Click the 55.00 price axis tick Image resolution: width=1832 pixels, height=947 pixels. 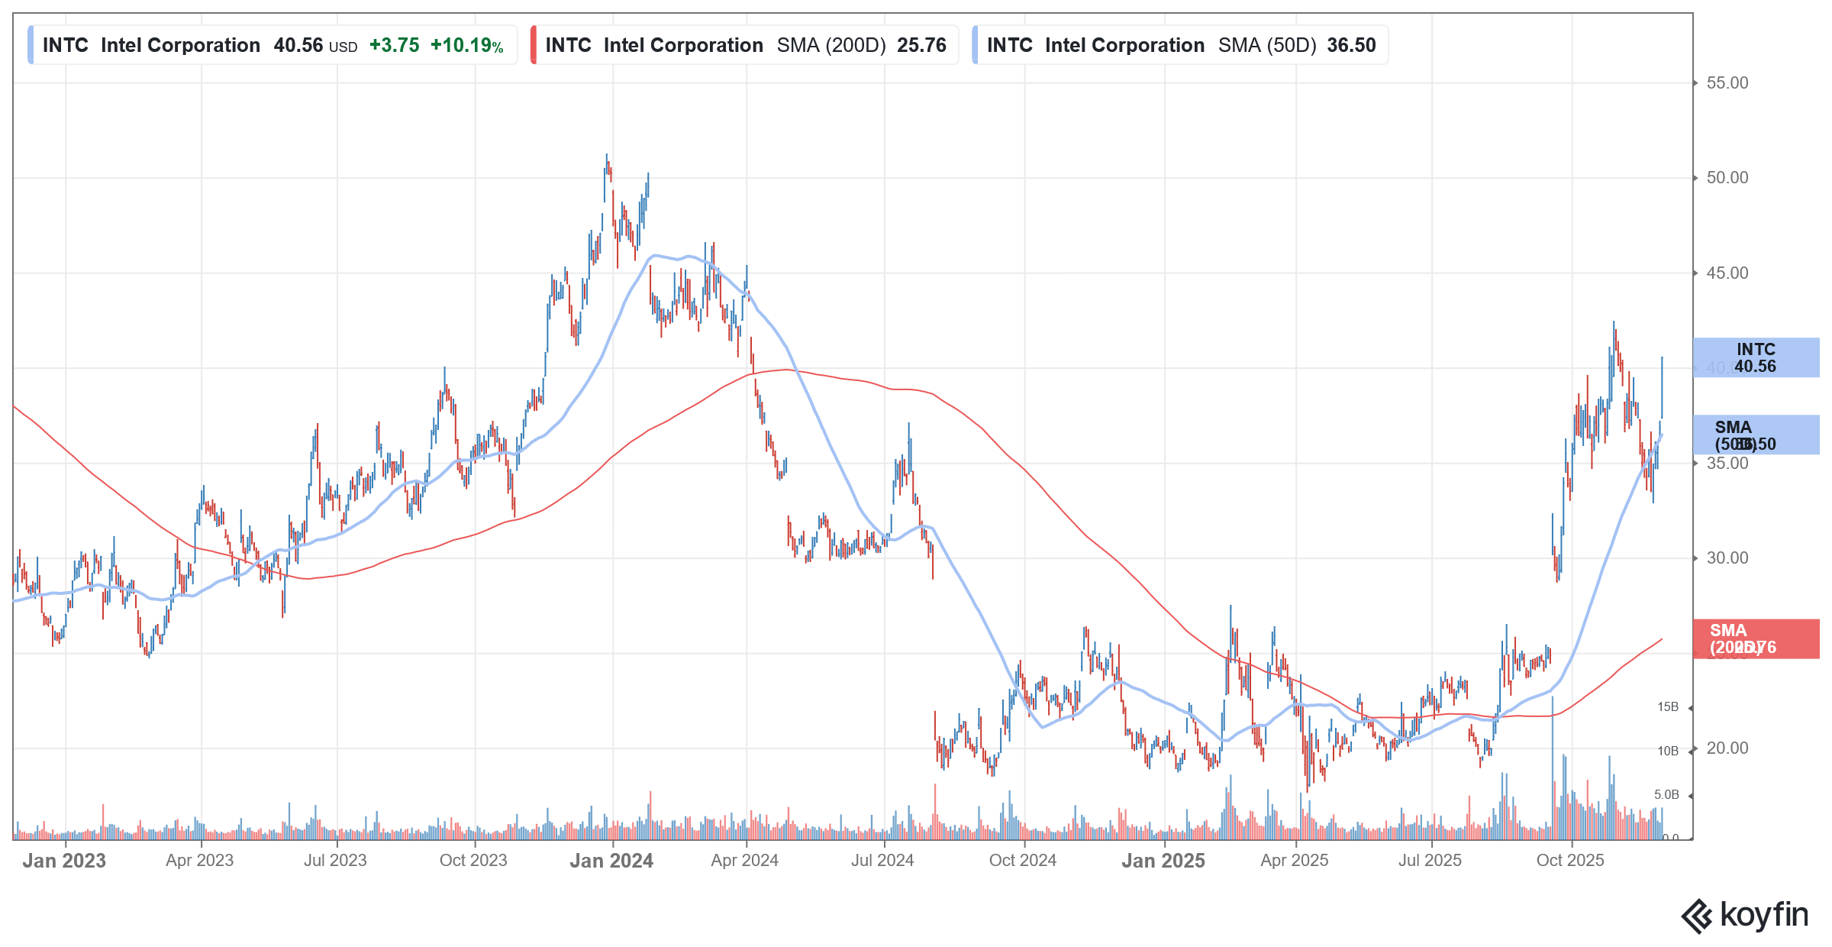tap(1727, 82)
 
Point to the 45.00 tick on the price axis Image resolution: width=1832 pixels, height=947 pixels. tap(1727, 273)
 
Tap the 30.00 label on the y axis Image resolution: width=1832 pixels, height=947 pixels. tap(1727, 558)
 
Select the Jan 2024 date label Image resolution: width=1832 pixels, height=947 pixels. tap(611, 861)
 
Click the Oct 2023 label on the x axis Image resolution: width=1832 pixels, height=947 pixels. tap(473, 860)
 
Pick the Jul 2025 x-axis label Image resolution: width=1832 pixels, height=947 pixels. tap(1430, 860)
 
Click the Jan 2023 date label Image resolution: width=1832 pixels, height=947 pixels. tap(64, 861)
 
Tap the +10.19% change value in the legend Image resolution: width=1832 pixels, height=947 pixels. tap(466, 45)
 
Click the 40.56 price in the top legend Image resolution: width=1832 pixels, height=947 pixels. tap(298, 45)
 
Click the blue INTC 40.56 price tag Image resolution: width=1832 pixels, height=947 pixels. tap(1755, 357)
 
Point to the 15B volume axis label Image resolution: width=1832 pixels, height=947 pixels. tap(1667, 707)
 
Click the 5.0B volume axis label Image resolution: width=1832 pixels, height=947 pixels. tap(1666, 794)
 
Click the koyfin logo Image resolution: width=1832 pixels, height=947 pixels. tap(1745, 915)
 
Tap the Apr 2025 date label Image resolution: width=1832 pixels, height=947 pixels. tap(1294, 860)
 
